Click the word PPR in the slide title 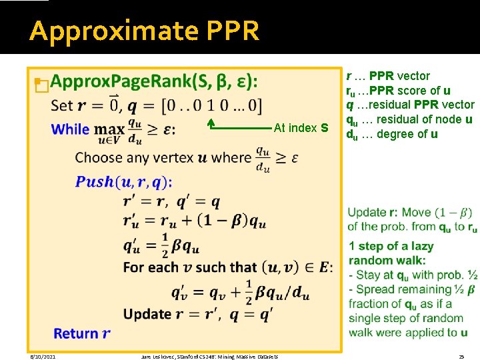(x=233, y=31)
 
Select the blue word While (x=70, y=129)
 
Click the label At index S (x=301, y=127)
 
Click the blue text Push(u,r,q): (x=123, y=181)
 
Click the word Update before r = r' (x=147, y=313)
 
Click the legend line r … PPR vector (x=387, y=76)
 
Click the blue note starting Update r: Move (x=411, y=213)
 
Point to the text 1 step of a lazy (x=391, y=246)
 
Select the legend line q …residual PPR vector (x=410, y=105)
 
